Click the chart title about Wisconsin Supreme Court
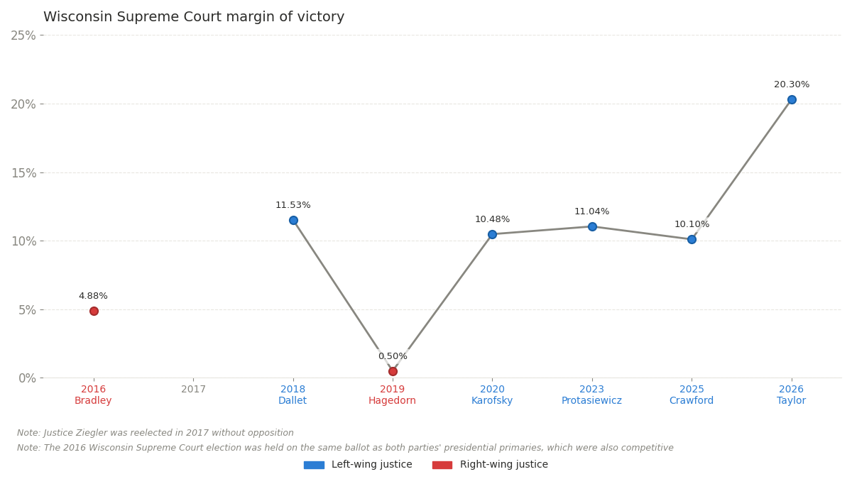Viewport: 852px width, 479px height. click(x=194, y=17)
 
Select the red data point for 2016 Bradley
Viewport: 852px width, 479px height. click(x=94, y=311)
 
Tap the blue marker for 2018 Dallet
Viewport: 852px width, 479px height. click(x=293, y=220)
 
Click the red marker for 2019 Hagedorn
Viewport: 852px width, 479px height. click(x=393, y=371)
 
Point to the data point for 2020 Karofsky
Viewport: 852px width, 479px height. click(x=492, y=234)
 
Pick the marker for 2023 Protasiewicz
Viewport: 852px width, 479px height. click(x=592, y=226)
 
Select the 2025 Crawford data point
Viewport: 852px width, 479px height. click(x=692, y=239)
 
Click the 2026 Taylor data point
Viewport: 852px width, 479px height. click(x=792, y=99)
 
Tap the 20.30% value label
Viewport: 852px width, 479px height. click(x=792, y=84)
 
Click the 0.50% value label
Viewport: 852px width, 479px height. click(x=393, y=356)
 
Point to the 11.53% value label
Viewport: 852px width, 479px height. click(x=293, y=205)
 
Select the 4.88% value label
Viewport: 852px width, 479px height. click(x=93, y=296)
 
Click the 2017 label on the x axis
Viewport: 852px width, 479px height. click(x=193, y=390)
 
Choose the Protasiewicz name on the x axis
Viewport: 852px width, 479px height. click(x=591, y=401)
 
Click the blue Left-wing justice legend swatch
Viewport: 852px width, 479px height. click(x=314, y=465)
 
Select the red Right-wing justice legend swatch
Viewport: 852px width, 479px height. click(x=442, y=465)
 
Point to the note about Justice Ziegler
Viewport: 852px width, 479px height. click(x=155, y=433)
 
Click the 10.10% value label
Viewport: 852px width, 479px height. click(x=692, y=224)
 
